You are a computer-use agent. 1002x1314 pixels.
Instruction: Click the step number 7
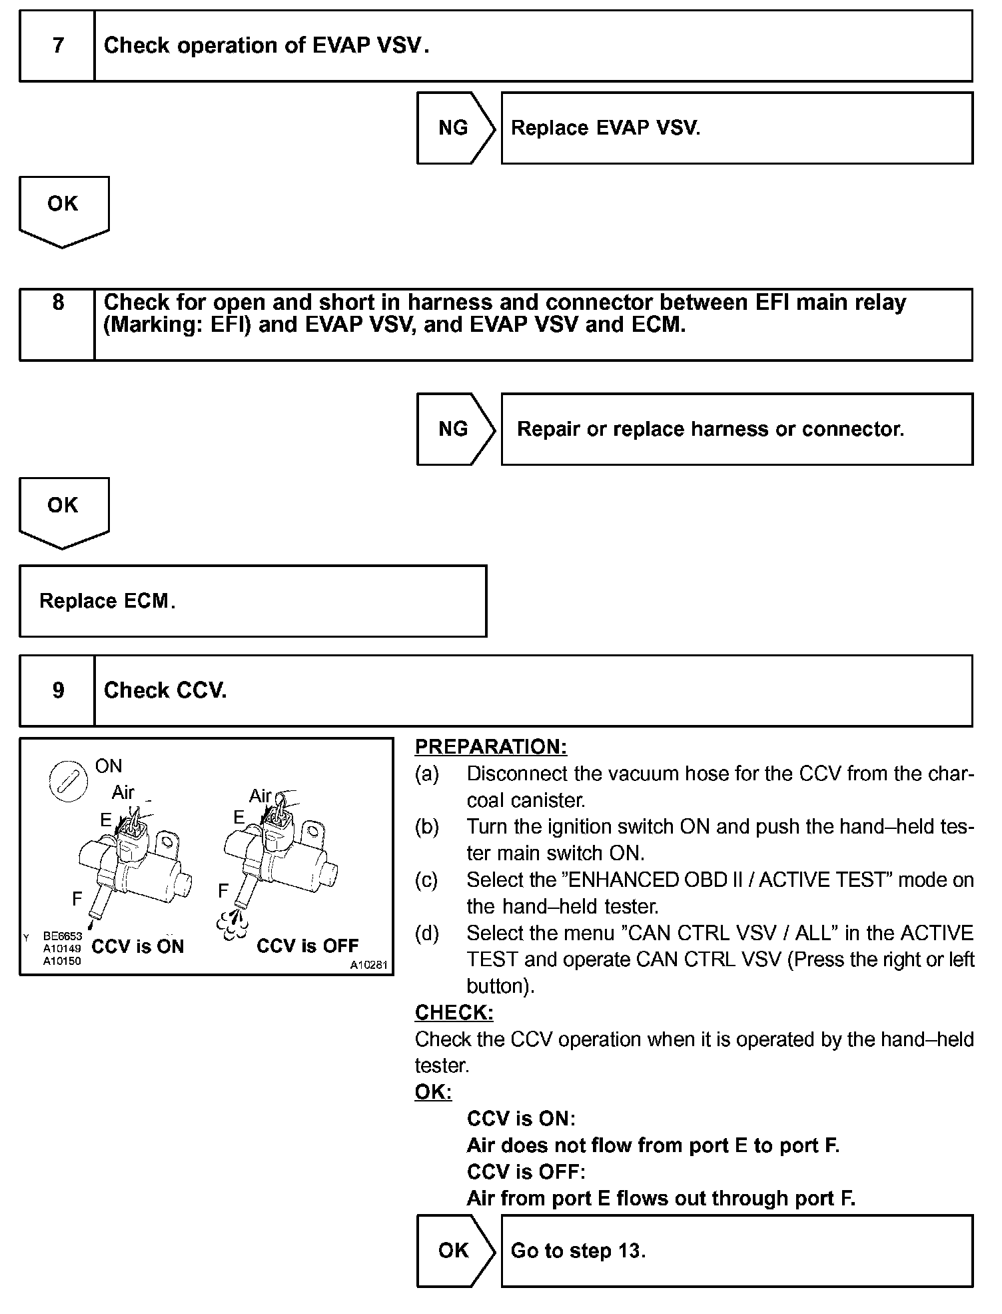58,45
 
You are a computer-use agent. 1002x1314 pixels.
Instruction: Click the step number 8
58,303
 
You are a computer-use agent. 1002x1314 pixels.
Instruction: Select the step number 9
58,690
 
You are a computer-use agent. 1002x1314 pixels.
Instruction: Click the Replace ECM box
252,601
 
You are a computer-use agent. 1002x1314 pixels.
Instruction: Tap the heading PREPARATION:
491,747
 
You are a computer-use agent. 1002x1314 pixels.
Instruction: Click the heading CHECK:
454,1013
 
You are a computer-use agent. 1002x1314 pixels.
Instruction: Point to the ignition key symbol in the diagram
69,780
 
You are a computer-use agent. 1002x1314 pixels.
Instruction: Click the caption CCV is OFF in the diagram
307,946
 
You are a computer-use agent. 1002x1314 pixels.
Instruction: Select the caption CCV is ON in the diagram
137,947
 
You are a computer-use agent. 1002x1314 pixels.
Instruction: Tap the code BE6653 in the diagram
63,936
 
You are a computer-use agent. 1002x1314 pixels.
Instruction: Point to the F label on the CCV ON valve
77,899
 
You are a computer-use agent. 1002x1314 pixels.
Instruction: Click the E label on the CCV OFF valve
239,817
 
